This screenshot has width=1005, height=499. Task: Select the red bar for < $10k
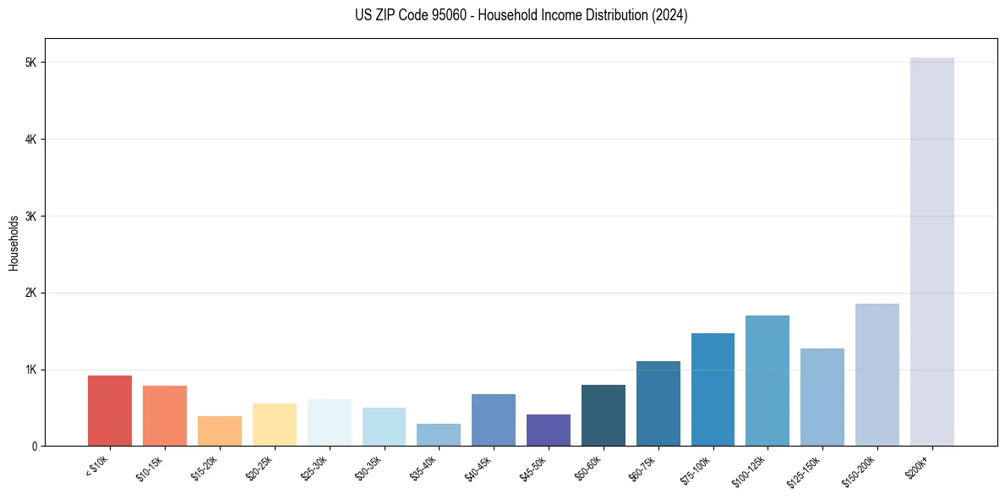tap(110, 410)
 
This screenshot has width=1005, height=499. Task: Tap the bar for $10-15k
tap(165, 415)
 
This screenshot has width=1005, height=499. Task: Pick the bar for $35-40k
tap(439, 435)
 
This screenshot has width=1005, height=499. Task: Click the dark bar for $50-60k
tap(603, 415)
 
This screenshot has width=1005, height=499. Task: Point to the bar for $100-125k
tap(767, 381)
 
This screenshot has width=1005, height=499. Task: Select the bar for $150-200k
tap(877, 375)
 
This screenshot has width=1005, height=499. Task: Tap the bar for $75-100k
tap(713, 389)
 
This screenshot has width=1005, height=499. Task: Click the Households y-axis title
tap(14, 243)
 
